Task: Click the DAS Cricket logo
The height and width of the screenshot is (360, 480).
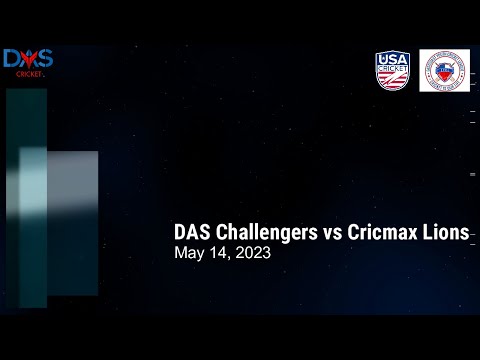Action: pos(28,62)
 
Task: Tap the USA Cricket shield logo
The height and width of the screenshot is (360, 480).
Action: pos(392,71)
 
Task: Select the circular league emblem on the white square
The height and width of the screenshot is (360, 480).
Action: pos(444,71)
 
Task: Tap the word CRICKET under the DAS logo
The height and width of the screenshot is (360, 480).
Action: pos(29,74)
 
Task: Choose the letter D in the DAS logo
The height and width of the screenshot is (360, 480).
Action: pos(12,59)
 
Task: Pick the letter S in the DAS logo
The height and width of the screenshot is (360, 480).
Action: pos(45,59)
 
